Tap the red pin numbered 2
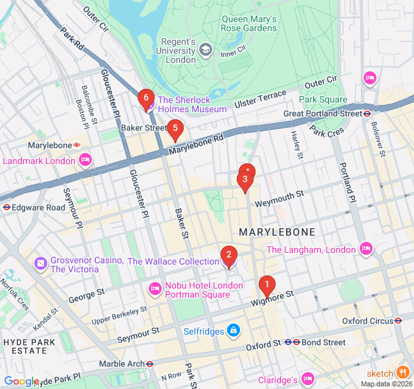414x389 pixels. pos(228,255)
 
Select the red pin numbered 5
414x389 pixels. pos(175,128)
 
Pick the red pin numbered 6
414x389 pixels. pos(146,98)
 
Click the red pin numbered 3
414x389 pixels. pos(245,180)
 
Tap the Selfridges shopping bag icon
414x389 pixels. pos(234,331)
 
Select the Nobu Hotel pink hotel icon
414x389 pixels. pos(155,288)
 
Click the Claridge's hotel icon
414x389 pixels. pos(307,379)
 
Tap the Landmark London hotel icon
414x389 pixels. pos(85,160)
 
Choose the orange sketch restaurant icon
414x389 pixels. pos(403,373)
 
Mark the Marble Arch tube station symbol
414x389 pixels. pos(149,364)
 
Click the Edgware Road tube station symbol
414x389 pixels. pos(6,207)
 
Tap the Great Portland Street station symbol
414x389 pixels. pos(367,113)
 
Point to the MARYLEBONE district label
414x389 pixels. pos(277,232)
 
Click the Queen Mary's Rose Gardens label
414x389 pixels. pos(249,23)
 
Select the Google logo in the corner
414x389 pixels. pos(21,381)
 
